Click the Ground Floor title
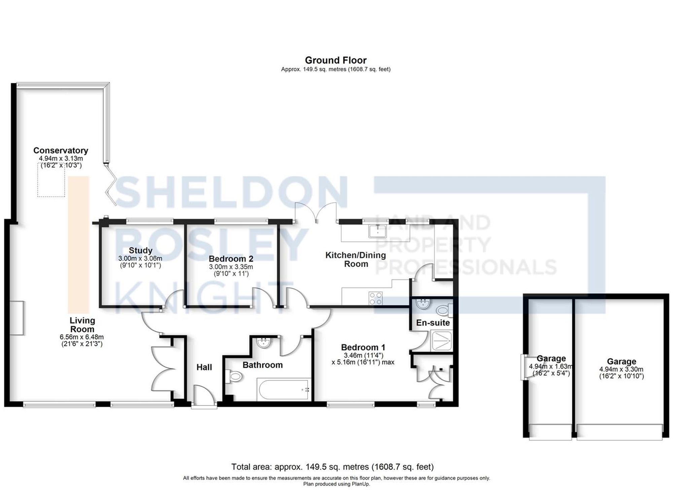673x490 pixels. (x=335, y=60)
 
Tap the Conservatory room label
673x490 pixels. (x=61, y=151)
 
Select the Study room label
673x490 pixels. (x=140, y=251)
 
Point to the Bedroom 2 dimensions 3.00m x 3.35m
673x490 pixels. (x=231, y=267)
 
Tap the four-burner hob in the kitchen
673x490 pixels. (x=376, y=298)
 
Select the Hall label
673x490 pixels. (x=204, y=367)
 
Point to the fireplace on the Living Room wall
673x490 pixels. (x=17, y=318)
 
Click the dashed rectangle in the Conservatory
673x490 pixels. (x=51, y=180)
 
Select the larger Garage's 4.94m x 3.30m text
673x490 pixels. (x=621, y=369)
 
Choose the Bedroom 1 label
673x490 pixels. (x=363, y=347)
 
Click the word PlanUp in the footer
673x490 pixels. (x=360, y=484)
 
